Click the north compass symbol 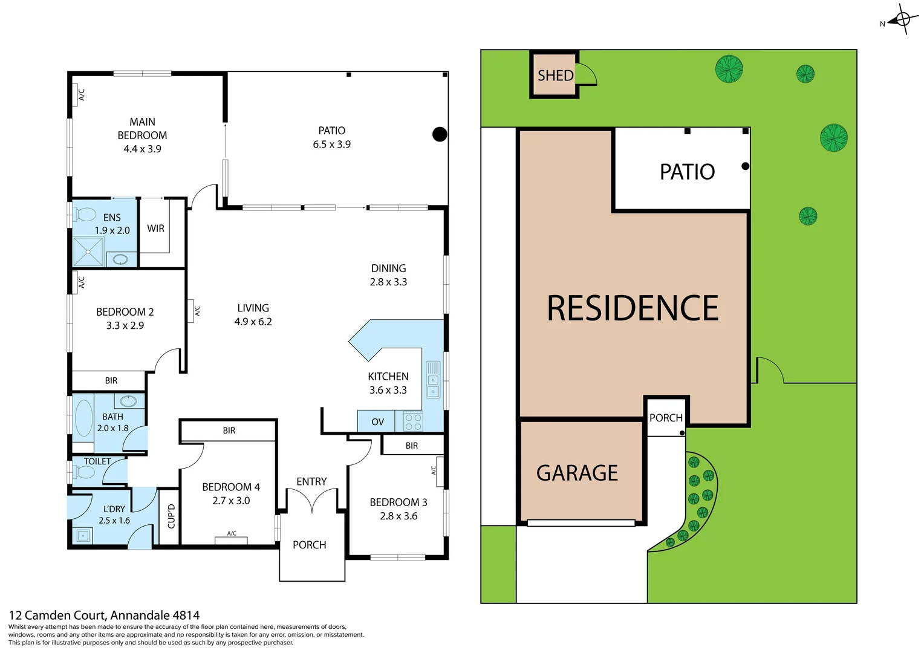pos(902,19)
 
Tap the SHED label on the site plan pos(555,76)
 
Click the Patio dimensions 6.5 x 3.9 pos(331,145)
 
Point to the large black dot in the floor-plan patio pos(440,134)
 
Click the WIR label pos(155,229)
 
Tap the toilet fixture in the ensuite pos(85,215)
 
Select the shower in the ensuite pos(88,252)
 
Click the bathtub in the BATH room pos(83,418)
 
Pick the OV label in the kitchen pos(377,422)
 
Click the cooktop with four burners pos(413,421)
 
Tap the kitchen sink pos(434,380)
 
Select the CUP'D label pos(171,516)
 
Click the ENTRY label pos(311,481)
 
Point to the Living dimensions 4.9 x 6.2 pos(253,322)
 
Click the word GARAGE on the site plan pos(577,473)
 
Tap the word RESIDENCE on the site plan pos(633,308)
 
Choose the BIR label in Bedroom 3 pos(412,446)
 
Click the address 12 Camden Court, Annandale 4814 pos(104,616)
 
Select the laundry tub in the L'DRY pos(82,535)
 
